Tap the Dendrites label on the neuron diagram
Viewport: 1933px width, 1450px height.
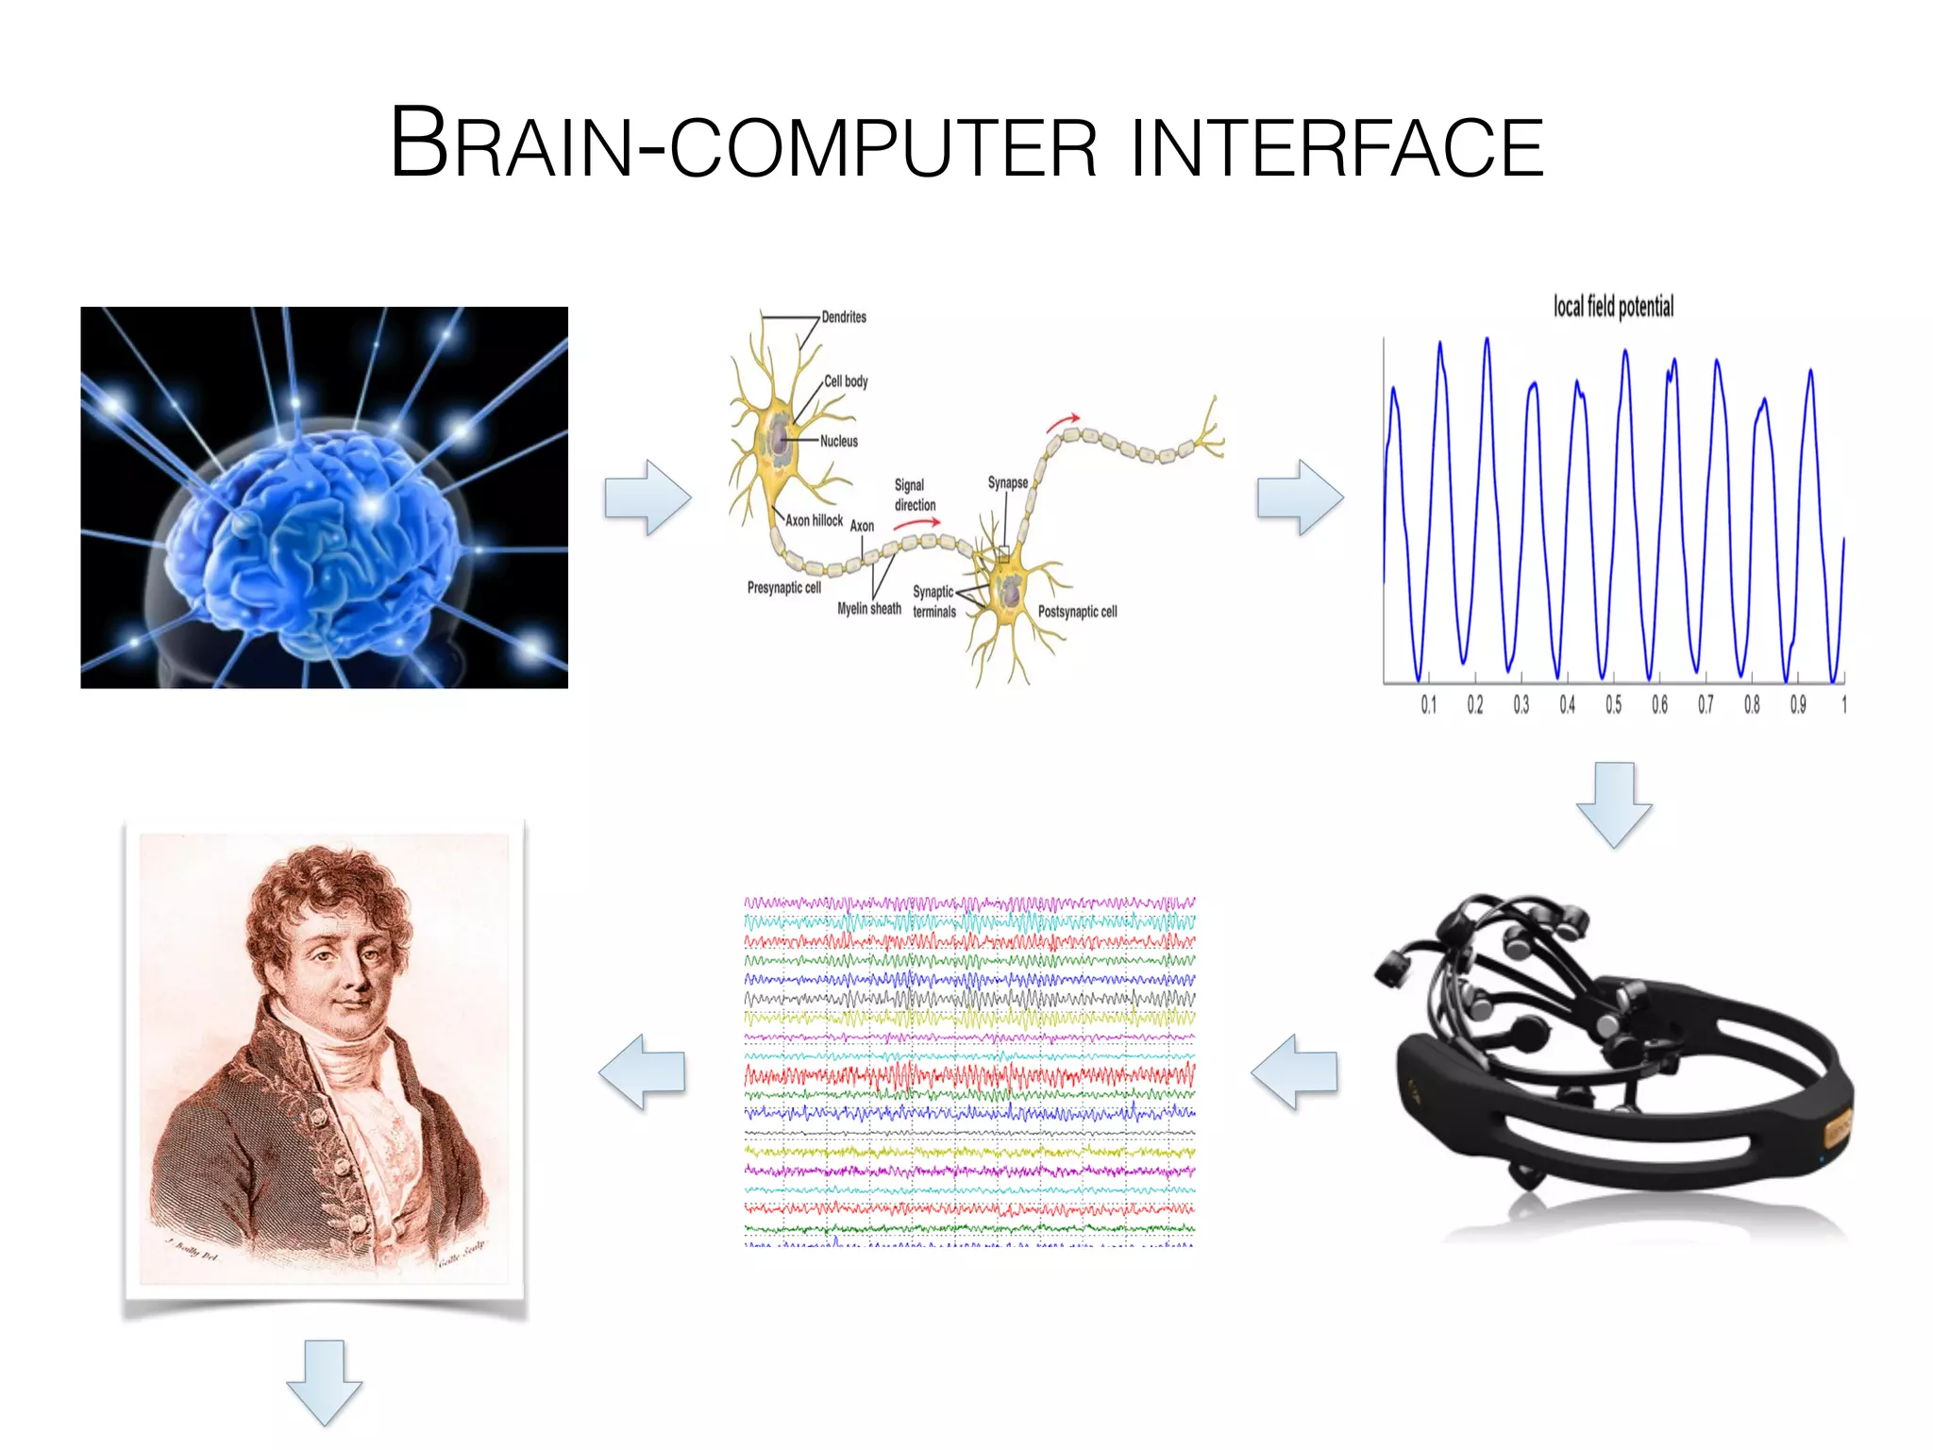click(843, 317)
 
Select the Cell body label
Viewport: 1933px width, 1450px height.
click(846, 381)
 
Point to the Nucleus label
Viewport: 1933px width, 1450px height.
click(839, 441)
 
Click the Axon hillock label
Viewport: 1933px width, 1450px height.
click(814, 520)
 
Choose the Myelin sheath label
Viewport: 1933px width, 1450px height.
click(869, 609)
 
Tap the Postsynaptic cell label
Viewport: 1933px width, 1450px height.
click(1077, 612)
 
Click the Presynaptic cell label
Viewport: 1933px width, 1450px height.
click(784, 587)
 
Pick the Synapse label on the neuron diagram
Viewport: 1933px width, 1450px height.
click(1007, 482)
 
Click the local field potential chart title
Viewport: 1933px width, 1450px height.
click(1613, 307)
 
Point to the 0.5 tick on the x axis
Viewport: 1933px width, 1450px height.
click(1613, 705)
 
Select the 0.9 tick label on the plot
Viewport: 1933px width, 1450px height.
click(1797, 705)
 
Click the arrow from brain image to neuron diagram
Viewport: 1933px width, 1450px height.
click(647, 497)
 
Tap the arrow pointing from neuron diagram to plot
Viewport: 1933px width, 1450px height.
click(1300, 497)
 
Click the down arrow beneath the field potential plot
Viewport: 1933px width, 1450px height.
click(1614, 804)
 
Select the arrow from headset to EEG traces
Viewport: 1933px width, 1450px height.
click(1294, 1071)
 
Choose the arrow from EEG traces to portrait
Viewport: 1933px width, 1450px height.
click(642, 1071)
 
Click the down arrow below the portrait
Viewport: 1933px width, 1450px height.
click(325, 1382)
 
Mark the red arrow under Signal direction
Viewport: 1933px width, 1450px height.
click(916, 522)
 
